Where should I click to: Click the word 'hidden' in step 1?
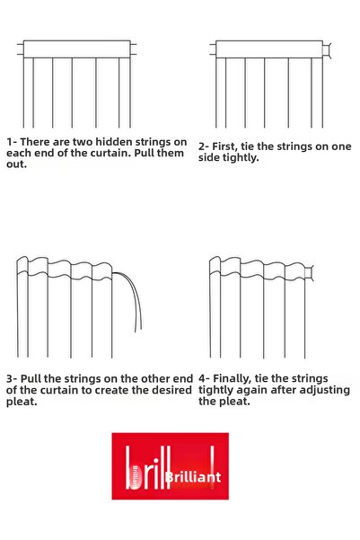click(114, 142)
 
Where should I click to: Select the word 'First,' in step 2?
click(224, 146)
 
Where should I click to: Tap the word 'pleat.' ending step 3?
click(22, 402)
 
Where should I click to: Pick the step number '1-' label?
click(12, 142)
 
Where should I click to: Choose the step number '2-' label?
click(204, 146)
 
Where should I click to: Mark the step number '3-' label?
click(12, 379)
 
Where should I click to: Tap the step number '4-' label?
click(204, 379)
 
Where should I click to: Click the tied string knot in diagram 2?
click(327, 50)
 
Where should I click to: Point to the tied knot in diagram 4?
click(309, 273)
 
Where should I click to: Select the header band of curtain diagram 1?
click(76, 49)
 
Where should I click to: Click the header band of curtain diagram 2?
click(269, 49)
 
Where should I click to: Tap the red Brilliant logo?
click(170, 466)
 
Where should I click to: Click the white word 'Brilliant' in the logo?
click(193, 477)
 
